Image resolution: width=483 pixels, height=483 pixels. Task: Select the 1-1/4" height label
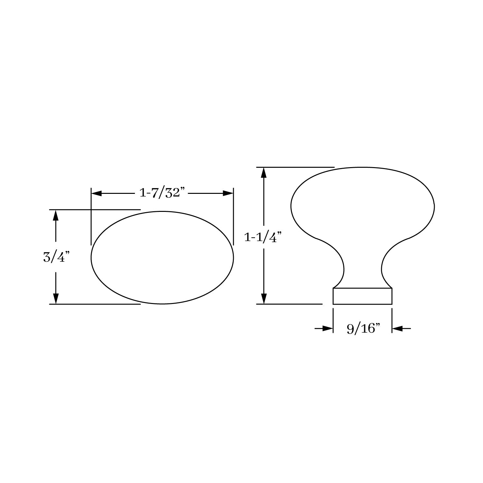point(263,237)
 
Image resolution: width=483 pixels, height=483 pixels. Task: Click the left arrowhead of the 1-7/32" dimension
point(97,194)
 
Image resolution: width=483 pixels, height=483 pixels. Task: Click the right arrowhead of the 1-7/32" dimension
point(228,194)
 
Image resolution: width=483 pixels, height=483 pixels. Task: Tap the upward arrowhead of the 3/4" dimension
point(56,215)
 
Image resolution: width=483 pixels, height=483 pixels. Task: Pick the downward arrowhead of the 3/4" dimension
point(56,299)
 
